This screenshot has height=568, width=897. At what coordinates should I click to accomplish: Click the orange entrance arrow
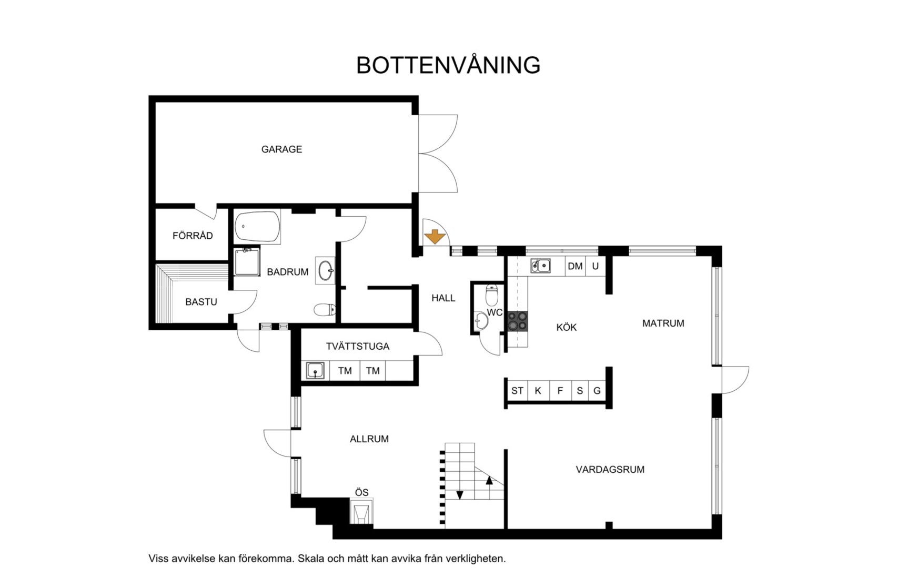click(435, 237)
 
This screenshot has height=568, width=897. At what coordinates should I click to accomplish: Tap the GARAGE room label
click(281, 149)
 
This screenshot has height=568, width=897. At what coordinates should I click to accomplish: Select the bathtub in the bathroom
click(257, 227)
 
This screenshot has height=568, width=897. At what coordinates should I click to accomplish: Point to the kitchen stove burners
click(517, 321)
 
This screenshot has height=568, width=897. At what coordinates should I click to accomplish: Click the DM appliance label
click(575, 266)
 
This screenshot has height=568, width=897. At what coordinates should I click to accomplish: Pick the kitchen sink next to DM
click(540, 266)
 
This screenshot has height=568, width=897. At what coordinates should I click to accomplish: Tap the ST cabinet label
click(517, 391)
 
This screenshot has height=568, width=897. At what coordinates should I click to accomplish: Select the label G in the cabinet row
click(597, 391)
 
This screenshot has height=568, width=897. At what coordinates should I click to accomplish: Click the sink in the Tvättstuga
click(315, 370)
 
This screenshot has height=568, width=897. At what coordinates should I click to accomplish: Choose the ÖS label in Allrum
click(362, 493)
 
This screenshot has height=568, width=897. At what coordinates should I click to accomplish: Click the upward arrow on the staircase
click(489, 480)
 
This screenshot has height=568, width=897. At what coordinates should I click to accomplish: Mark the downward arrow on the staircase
click(460, 495)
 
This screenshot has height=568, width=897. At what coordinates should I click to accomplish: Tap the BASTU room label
click(201, 302)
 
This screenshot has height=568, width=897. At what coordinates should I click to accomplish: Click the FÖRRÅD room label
click(193, 236)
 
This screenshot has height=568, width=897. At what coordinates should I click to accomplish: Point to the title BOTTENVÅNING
click(448, 65)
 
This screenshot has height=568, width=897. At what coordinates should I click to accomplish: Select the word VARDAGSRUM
click(610, 470)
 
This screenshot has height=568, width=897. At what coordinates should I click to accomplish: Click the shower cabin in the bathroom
click(247, 262)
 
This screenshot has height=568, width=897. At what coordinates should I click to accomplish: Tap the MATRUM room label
click(663, 323)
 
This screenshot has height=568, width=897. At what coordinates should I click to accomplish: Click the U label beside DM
click(595, 266)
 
